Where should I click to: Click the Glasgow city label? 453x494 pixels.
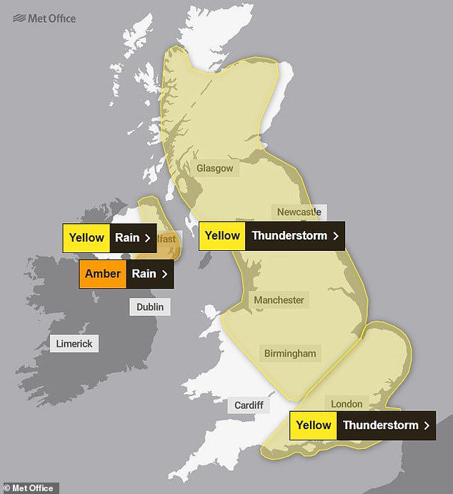tap(214, 168)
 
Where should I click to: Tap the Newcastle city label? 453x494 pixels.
tap(298, 212)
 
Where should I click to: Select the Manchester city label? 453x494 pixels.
tap(279, 300)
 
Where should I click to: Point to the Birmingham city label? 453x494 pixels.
tap(289, 353)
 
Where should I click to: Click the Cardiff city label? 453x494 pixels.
tap(249, 405)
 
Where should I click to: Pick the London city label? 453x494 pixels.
tap(347, 404)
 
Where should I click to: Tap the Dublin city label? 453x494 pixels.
tap(150, 307)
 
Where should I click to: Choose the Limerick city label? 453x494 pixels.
tap(74, 344)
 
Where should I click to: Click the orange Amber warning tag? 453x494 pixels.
tap(103, 273)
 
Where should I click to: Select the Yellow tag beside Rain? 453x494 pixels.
tap(86, 238)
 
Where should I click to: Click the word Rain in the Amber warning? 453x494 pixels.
tap(143, 273)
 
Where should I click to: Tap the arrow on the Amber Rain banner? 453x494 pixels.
tap(165, 273)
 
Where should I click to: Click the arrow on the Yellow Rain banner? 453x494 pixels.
tap(147, 238)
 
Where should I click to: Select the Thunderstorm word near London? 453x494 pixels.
tap(379, 425)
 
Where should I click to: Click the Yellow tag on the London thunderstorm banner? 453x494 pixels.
tap(313, 425)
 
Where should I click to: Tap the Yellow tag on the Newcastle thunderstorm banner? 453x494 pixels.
tap(222, 236)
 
